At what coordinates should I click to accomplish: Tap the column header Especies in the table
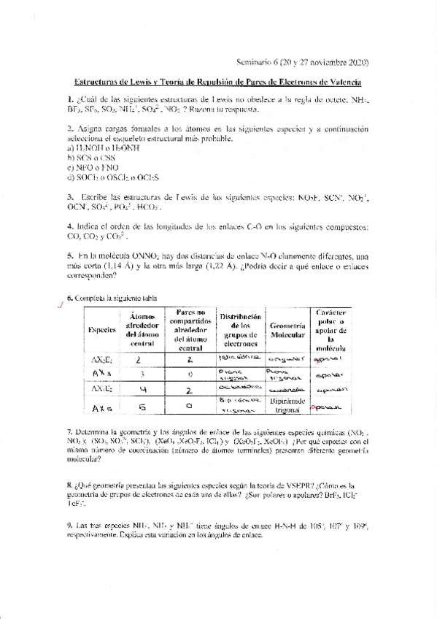[x=102, y=329]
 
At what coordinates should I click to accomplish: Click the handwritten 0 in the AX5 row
[x=189, y=407]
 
